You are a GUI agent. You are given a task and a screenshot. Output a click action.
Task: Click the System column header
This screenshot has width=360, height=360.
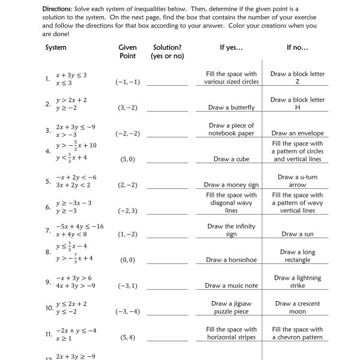point(56,47)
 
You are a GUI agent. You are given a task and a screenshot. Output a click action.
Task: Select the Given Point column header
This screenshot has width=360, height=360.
point(127,51)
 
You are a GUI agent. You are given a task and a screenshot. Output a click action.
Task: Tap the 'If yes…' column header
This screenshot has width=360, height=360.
point(231,47)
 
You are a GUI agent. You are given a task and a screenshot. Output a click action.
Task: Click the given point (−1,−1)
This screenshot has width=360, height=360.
point(127,82)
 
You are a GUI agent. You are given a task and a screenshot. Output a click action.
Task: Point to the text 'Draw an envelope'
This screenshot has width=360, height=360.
point(298,133)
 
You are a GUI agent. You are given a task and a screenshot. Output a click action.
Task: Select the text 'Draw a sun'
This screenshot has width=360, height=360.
point(298,234)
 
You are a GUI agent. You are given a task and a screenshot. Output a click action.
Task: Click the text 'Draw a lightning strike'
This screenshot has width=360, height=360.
point(298,282)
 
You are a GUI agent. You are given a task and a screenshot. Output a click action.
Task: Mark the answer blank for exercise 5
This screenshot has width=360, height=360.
point(167,187)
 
